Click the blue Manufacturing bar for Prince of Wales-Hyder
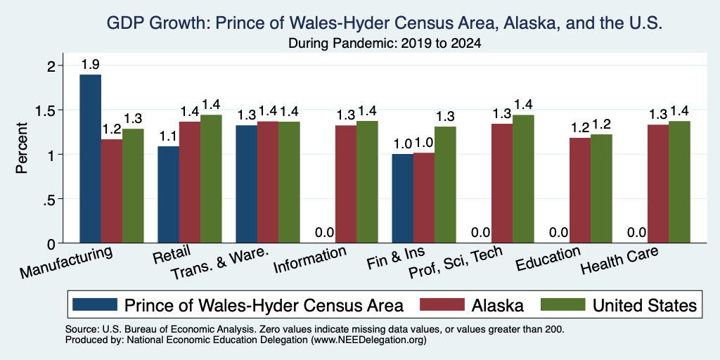pos(91,159)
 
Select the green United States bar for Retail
pos(211,179)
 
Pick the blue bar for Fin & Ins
pos(403,198)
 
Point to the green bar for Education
pos(602,188)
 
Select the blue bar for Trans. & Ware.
pos(247,184)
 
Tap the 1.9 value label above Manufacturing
pos(91,65)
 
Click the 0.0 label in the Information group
pos(325,232)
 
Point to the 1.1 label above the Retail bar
pos(168,136)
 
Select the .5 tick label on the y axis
pos(49,199)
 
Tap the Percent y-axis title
pos(22,148)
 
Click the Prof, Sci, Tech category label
pos(456,262)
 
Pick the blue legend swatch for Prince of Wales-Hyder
pos(95,304)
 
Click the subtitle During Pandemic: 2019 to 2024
pos(385,44)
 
